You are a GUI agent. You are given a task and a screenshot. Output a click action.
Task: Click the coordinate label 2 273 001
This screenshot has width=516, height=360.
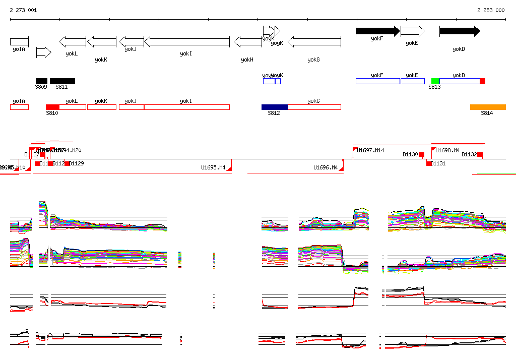(x=23, y=10)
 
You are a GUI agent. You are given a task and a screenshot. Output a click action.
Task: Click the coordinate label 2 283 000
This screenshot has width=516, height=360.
(x=491, y=10)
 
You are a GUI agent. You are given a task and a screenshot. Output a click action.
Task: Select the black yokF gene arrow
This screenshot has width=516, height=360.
(x=377, y=31)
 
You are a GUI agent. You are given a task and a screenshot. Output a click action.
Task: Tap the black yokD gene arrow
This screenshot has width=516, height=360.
(x=459, y=31)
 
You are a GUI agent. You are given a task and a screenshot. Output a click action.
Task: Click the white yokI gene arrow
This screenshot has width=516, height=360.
(x=187, y=41)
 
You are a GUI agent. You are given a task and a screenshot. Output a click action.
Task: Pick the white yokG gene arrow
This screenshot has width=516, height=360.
(x=314, y=41)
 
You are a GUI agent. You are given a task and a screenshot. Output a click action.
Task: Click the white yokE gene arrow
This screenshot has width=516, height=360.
(x=412, y=31)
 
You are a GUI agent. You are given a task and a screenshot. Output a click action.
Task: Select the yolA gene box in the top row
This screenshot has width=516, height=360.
(x=19, y=41)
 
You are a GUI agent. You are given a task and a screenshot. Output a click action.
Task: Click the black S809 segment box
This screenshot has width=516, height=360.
(x=41, y=81)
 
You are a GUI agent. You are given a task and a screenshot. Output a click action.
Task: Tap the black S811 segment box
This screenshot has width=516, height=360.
(x=62, y=81)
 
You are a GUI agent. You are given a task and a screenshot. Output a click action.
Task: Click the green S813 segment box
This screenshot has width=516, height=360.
(x=435, y=81)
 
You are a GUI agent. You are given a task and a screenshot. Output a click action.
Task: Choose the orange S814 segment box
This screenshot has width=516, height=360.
(x=488, y=107)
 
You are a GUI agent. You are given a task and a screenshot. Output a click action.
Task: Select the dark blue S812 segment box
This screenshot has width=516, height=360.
(x=275, y=107)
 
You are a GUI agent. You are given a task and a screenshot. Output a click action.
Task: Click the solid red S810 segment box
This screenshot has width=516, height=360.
(x=52, y=107)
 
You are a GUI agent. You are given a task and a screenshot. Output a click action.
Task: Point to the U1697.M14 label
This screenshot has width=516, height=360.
(x=370, y=150)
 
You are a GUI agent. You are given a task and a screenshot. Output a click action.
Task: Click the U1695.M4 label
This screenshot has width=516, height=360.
(x=213, y=167)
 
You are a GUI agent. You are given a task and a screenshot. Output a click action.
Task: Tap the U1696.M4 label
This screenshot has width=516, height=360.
(x=326, y=167)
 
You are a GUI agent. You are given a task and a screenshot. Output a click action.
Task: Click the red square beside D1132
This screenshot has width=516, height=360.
(x=480, y=154)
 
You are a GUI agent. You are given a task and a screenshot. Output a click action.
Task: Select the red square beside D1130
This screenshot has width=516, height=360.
(x=422, y=154)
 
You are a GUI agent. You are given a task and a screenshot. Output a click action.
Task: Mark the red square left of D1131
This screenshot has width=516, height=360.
(x=429, y=163)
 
